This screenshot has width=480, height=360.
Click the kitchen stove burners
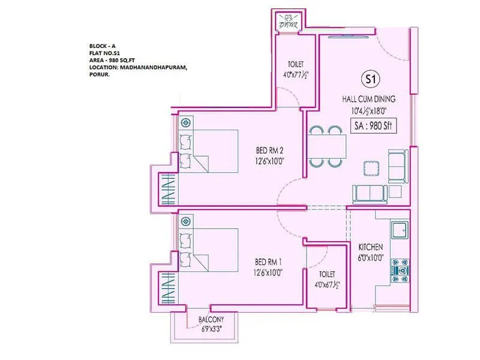pyautogui.click(x=400, y=268)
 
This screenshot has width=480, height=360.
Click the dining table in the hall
pyautogui.click(x=328, y=146)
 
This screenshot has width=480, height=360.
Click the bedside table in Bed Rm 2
pyautogui.click(x=186, y=123)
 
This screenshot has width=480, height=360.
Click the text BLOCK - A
pyautogui.click(x=102, y=46)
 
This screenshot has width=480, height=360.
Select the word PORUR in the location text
pyautogui.click(x=99, y=75)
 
